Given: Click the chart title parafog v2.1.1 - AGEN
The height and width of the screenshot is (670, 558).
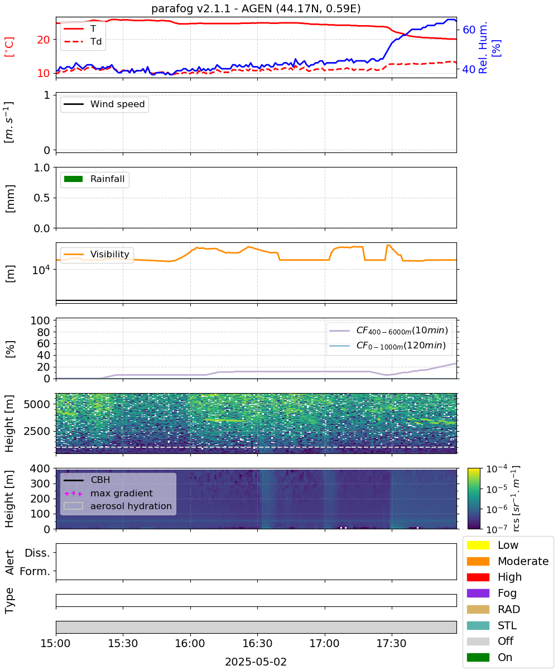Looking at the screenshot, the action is pyautogui.click(x=256, y=8).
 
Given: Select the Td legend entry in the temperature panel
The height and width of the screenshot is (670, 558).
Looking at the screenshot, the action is pyautogui.click(x=83, y=42).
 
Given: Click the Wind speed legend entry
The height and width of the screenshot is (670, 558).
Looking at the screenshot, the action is pyautogui.click(x=104, y=104).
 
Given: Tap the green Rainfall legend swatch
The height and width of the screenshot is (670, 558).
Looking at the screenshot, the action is pyautogui.click(x=74, y=179).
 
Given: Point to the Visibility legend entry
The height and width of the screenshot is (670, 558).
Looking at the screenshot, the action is pyautogui.click(x=96, y=254).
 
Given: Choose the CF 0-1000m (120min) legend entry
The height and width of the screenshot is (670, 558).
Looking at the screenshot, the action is pyautogui.click(x=387, y=346).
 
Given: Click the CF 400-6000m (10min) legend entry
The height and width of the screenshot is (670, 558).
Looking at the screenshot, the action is pyautogui.click(x=388, y=331).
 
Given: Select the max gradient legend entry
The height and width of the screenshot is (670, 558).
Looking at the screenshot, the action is pyautogui.click(x=108, y=493).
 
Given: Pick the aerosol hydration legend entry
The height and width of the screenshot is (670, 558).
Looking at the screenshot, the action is pyautogui.click(x=118, y=506).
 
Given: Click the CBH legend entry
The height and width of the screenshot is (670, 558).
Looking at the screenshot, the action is pyautogui.click(x=87, y=480).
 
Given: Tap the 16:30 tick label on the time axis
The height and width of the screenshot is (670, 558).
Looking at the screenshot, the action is pyautogui.click(x=257, y=643).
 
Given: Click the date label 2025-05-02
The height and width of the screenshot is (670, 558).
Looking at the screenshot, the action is pyautogui.click(x=256, y=662).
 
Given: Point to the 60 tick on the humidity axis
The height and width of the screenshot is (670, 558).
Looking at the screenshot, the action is pyautogui.click(x=469, y=30).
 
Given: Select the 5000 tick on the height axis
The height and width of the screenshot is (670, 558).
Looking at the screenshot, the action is pyautogui.click(x=37, y=404).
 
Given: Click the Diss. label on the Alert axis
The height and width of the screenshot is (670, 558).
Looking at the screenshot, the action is pyautogui.click(x=37, y=553).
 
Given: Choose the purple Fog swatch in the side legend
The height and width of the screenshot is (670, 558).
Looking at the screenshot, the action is pyautogui.click(x=478, y=594).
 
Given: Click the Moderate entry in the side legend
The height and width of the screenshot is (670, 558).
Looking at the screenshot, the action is pyautogui.click(x=508, y=561).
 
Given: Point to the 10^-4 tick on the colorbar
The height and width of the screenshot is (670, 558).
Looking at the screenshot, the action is pyautogui.click(x=497, y=469).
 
